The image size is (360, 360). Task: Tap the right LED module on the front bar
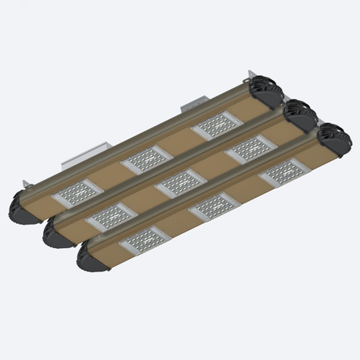coord(280,172)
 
